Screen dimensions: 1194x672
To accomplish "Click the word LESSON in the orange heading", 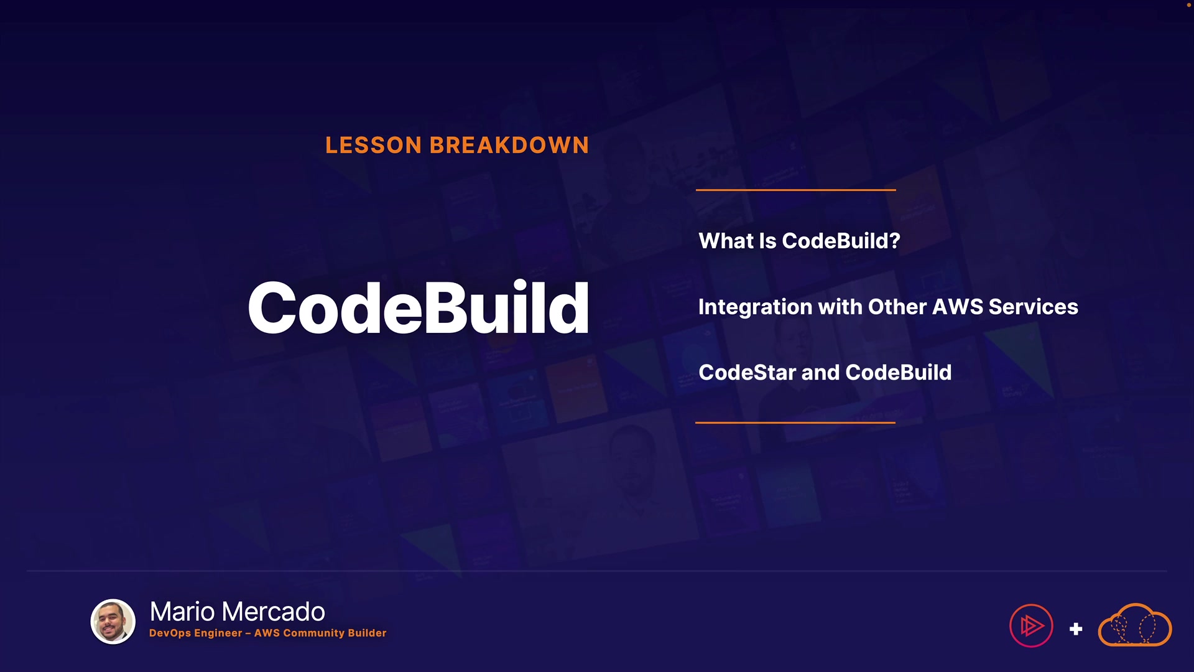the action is point(374,145).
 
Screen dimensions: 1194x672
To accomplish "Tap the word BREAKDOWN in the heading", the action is point(509,145).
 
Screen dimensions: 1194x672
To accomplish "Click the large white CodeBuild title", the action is point(419,307).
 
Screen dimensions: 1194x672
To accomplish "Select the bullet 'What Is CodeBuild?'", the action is point(799,241).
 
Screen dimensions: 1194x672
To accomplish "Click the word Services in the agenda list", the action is point(1033,307).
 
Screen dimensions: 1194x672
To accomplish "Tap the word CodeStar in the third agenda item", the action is point(747,372).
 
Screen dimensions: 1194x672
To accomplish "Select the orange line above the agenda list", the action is point(796,190).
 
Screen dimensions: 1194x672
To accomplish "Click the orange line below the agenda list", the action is point(795,422).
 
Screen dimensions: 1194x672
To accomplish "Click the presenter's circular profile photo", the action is point(113,622).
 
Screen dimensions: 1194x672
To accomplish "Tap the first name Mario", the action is point(183,612).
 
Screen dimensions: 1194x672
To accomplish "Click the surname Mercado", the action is point(273,612).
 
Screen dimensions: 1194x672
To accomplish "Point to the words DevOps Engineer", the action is point(195,633).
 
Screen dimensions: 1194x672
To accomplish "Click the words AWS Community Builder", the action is point(320,633).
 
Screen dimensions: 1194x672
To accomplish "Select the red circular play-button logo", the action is point(1031,626).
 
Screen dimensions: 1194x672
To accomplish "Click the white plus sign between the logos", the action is point(1076,629).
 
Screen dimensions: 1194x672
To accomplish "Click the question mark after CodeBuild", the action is point(895,241).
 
